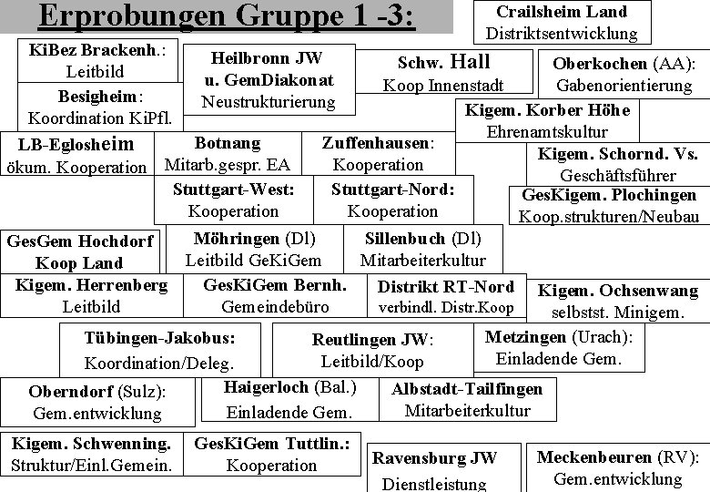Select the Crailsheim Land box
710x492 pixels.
[562, 23]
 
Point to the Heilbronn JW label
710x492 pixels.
[267, 58]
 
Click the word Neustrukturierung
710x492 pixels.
[269, 101]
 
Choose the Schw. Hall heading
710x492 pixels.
[444, 63]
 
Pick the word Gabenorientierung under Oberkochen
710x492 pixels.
[624, 86]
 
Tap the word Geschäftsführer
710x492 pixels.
[618, 175]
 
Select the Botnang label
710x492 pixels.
[228, 143]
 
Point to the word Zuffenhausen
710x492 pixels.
[375, 143]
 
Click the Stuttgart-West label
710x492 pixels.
[234, 190]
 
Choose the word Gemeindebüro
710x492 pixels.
[275, 306]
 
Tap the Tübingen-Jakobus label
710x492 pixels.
[159, 338]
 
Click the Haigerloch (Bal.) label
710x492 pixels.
[289, 387]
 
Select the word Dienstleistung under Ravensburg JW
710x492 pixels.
[434, 484]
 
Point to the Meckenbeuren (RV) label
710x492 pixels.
[617, 457]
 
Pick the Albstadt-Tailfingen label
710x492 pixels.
[467, 389]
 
